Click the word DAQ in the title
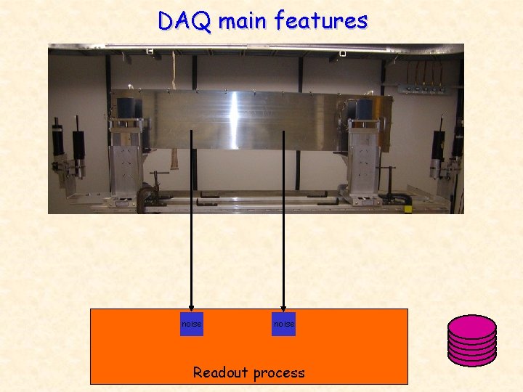pyautogui.click(x=185, y=21)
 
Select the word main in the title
pyautogui.click(x=243, y=21)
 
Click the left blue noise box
pyautogui.click(x=191, y=324)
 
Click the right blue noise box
pyautogui.click(x=284, y=324)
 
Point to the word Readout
pyautogui.click(x=219, y=373)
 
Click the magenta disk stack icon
pyautogui.click(x=471, y=339)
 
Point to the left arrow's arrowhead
pyautogui.click(x=191, y=307)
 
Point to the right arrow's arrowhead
pyautogui.click(x=284, y=307)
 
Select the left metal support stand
pyautogui.click(x=127, y=160)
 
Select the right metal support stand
pyautogui.click(x=361, y=160)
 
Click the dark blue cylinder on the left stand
pyautogui.click(x=130, y=110)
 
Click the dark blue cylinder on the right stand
pyautogui.click(x=364, y=110)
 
